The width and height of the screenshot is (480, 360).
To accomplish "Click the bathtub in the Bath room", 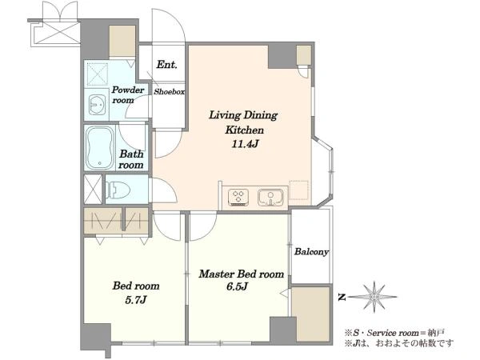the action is pyautogui.click(x=99, y=147).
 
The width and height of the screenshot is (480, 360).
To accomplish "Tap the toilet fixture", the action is pyautogui.click(x=118, y=189).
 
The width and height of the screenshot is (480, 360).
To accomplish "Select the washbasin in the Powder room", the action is pyautogui.click(x=98, y=105).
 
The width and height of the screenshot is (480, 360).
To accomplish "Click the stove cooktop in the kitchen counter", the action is pyautogui.click(x=238, y=197).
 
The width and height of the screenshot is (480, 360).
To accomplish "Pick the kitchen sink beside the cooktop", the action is pyautogui.click(x=270, y=197).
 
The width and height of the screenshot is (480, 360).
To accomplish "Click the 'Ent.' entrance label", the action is pyautogui.click(x=167, y=65).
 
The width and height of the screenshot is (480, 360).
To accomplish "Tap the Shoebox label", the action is pyautogui.click(x=169, y=91).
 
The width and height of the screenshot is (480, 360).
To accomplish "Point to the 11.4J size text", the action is pyautogui.click(x=244, y=143).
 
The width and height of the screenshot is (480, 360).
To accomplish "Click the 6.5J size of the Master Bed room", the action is pyautogui.click(x=237, y=286).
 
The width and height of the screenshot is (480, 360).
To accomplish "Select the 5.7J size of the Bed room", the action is pyautogui.click(x=136, y=300).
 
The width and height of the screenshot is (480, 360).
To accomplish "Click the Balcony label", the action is pyautogui.click(x=311, y=252).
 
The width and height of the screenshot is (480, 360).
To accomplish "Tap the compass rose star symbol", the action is pyautogui.click(x=374, y=297).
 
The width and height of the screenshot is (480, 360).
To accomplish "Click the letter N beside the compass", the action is pyautogui.click(x=342, y=297).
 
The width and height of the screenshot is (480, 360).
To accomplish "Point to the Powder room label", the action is pyautogui.click(x=127, y=95).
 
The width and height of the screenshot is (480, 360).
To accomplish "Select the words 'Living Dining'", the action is pyautogui.click(x=243, y=115).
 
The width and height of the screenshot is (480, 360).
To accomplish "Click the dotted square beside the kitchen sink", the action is pyautogui.click(x=298, y=190).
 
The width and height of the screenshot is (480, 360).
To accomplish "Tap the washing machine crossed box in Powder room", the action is pyautogui.click(x=98, y=74).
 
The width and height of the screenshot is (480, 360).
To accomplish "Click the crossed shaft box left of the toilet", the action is pyautogui.click(x=93, y=189).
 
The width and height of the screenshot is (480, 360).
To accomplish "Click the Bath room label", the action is pyautogui.click(x=131, y=159).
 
